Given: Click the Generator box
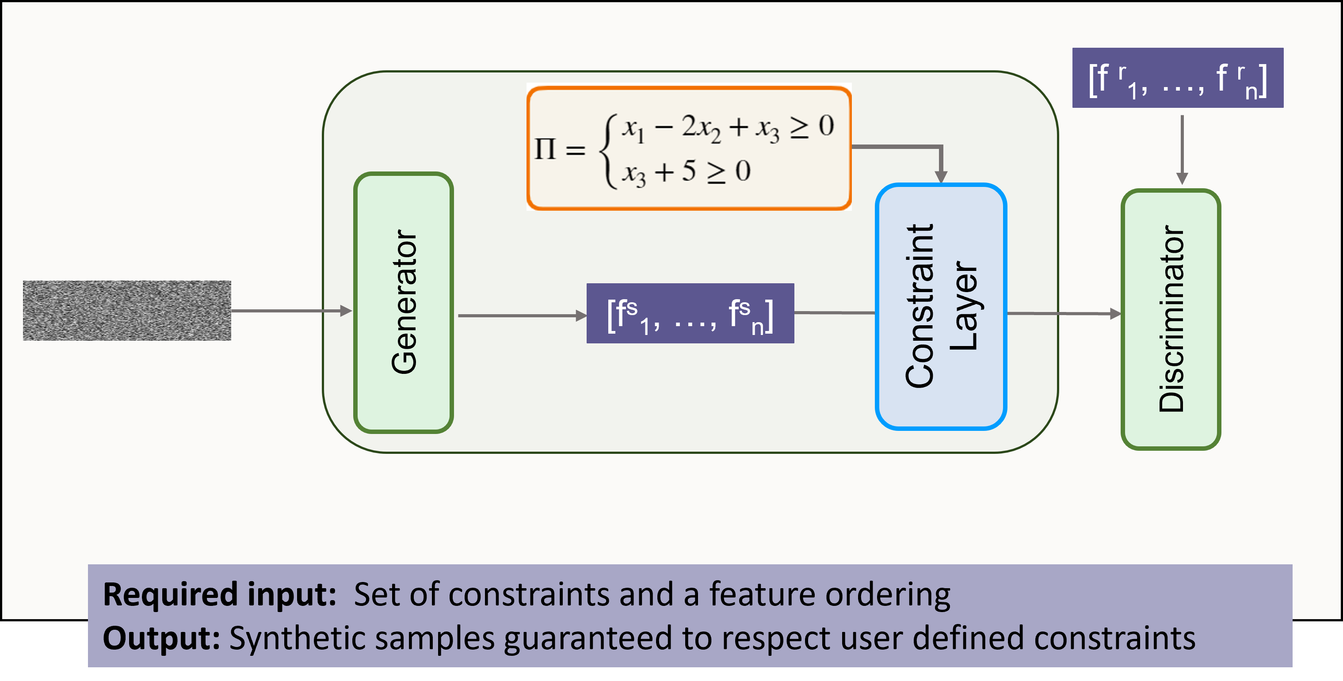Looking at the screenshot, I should tap(404, 303).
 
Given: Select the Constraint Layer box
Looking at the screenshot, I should tap(941, 306).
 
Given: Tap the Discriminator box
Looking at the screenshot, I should tap(1171, 320).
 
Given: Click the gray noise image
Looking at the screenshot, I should tap(127, 311).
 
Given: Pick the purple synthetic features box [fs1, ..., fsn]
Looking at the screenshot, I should tap(690, 313).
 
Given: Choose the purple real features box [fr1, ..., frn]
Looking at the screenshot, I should tap(1177, 78).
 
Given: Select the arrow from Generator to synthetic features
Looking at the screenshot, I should tap(521, 315).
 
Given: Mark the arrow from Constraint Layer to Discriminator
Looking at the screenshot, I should tap(1064, 314).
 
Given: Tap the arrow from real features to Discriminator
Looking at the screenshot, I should tap(1182, 149).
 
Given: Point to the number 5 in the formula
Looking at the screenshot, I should tap(688, 171).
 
